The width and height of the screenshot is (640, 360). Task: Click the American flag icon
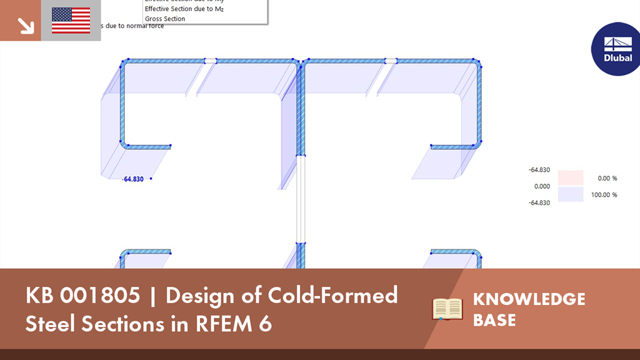71,21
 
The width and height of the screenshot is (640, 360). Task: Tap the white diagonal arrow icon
26,26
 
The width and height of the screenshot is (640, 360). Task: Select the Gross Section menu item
165,19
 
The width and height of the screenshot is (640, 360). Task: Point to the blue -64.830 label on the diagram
134,179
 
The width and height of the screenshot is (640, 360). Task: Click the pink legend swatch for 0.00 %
570,178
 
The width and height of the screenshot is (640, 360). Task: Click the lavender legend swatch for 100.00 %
570,194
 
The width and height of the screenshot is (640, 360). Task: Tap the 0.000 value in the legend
541,186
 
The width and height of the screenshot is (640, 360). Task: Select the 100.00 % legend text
604,195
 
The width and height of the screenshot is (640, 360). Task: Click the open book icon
447,309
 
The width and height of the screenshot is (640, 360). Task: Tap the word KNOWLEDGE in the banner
529,299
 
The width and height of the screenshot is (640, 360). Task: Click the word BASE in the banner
494,320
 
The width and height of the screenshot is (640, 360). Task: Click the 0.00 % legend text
607,178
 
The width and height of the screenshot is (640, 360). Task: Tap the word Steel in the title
47,324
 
